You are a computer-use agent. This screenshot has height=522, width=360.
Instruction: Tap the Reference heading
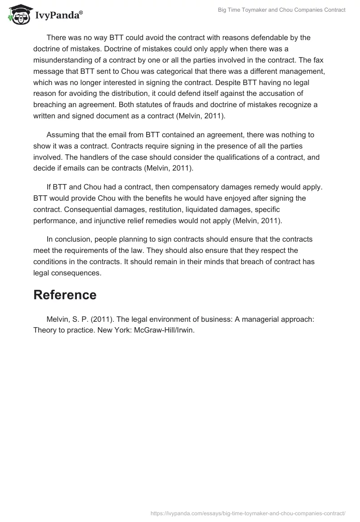click(x=65, y=295)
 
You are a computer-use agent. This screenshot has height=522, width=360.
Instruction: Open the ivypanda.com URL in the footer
click(x=248, y=513)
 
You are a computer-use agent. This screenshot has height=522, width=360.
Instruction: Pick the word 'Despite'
click(x=236, y=82)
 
